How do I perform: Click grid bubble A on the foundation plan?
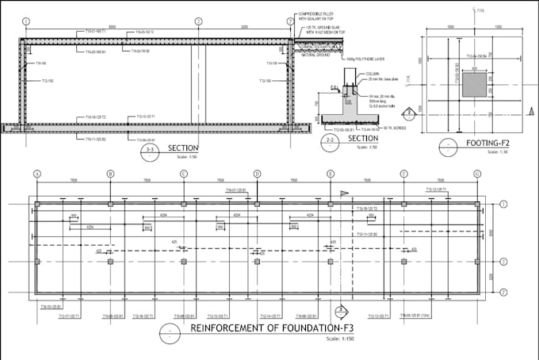tap(37, 173)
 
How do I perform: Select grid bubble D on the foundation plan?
tap(257, 173)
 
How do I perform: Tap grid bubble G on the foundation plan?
tap(476, 173)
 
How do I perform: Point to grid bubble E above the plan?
tap(331, 173)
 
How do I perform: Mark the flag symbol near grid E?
tap(344, 193)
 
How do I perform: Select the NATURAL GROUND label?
tap(311, 52)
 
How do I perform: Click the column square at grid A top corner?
tap(37, 205)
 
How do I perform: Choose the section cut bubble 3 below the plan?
tap(339, 310)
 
